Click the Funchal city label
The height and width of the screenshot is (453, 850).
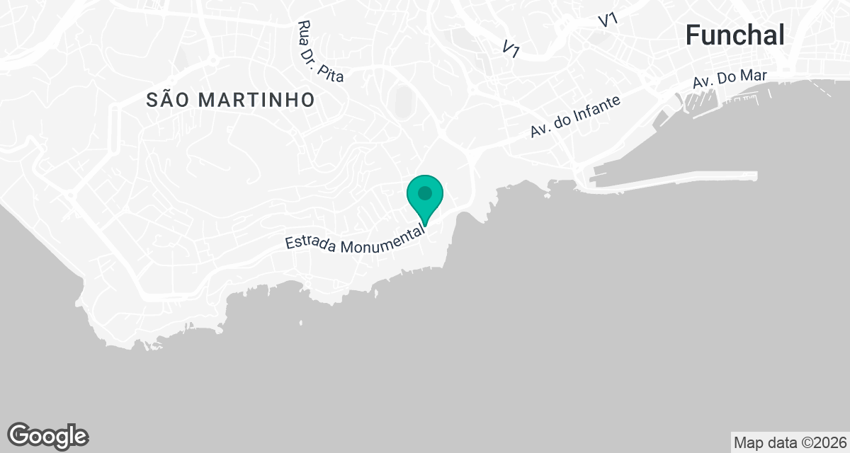(735, 35)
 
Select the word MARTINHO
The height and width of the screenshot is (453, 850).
(256, 100)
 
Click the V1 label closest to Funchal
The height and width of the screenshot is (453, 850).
(608, 21)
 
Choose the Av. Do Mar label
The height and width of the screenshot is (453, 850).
(730, 80)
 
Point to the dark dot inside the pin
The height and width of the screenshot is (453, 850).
(425, 192)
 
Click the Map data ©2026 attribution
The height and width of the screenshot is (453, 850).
(790, 443)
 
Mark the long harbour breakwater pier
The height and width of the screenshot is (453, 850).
(673, 178)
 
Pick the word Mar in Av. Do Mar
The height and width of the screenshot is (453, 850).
(754, 76)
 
